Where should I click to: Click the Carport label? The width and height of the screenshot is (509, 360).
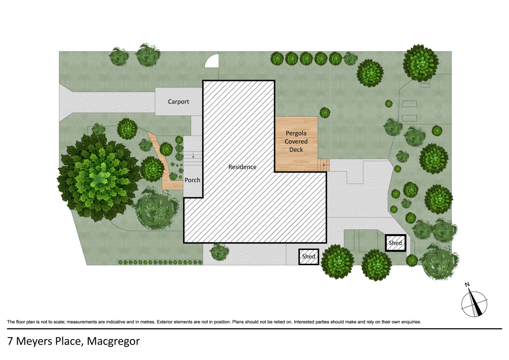[x=178, y=102]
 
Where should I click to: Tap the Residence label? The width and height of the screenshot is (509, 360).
[x=242, y=167]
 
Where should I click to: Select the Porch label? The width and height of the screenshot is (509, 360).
[x=192, y=180]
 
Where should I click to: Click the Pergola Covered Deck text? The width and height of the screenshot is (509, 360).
[x=296, y=141]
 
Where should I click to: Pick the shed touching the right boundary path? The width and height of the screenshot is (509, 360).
[x=396, y=243]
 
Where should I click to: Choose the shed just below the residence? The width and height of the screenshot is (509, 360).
[x=309, y=257]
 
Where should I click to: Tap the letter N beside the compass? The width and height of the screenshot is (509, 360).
[x=467, y=285]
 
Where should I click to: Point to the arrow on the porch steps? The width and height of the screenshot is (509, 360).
[x=193, y=155]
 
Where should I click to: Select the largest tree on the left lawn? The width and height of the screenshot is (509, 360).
[x=99, y=177]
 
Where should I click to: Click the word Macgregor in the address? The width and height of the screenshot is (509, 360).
[x=113, y=341]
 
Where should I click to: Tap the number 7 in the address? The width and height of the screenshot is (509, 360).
[x=10, y=341]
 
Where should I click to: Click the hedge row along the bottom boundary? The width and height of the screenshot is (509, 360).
[x=160, y=262]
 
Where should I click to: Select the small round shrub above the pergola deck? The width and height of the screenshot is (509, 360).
[x=325, y=113]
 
